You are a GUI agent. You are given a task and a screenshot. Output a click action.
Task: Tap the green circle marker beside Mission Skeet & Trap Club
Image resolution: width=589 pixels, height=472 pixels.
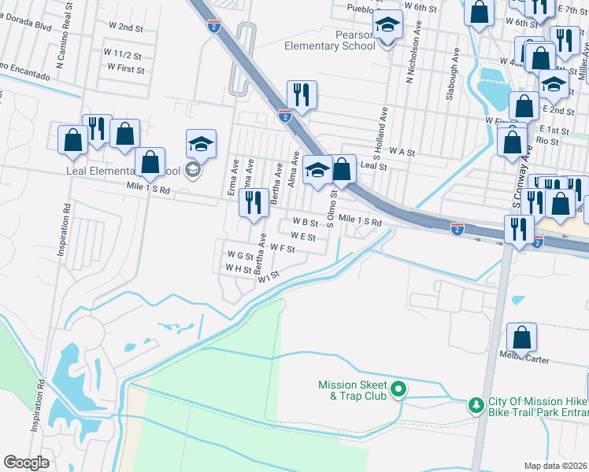click(x=398, y=388)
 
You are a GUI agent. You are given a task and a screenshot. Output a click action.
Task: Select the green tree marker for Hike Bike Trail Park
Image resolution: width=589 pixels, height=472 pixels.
click(x=476, y=405)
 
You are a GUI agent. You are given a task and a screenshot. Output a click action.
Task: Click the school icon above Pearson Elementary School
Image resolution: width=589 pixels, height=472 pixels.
click(x=387, y=26)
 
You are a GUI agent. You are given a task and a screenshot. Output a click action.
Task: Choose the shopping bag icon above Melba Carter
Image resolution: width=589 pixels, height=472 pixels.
click(x=521, y=337)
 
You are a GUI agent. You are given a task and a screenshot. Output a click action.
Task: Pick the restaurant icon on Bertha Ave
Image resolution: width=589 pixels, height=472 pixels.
click(x=253, y=203)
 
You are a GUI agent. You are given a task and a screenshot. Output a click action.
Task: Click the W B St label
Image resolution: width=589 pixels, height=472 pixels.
click(x=306, y=223)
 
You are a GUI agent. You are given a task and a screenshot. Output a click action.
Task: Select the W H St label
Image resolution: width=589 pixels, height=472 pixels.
click(x=239, y=268)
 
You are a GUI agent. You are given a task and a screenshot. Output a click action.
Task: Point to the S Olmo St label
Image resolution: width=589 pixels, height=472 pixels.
click(x=332, y=208)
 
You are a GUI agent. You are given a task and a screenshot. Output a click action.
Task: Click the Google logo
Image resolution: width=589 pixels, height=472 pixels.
click(x=27, y=463)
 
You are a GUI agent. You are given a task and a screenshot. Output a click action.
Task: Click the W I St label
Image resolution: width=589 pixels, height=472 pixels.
click(x=269, y=276)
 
